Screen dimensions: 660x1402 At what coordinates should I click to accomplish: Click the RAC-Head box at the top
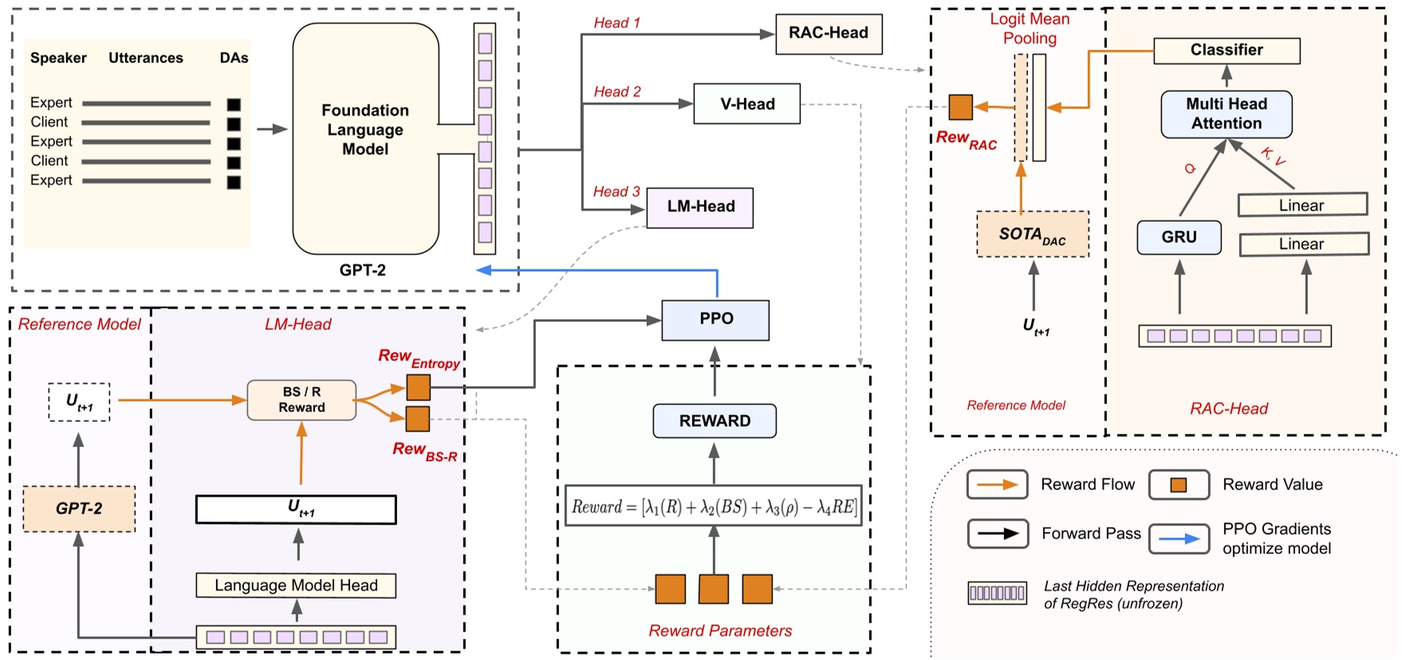click(829, 33)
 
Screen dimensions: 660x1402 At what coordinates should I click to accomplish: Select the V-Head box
click(746, 104)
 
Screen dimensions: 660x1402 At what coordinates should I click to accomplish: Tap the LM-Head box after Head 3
click(700, 207)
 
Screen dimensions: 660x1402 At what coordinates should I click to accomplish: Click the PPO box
click(715, 320)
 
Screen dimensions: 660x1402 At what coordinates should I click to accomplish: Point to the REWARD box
click(714, 421)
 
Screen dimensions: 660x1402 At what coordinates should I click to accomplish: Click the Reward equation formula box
click(714, 506)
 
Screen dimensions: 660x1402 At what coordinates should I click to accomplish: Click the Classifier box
click(1226, 50)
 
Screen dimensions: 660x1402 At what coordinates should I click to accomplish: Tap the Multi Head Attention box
click(1226, 114)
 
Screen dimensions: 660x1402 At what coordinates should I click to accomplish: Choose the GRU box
click(1178, 238)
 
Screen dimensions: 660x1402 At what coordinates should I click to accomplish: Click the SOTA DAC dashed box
click(1032, 234)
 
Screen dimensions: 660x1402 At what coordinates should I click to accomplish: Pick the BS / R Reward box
click(301, 400)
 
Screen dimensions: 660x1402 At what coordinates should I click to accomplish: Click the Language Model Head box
click(296, 586)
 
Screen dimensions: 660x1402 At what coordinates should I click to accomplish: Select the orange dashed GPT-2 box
click(78, 509)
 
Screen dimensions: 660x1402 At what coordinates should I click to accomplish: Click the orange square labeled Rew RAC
click(960, 107)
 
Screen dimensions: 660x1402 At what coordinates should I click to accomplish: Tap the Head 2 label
click(616, 92)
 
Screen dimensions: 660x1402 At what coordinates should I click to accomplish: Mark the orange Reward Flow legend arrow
click(997, 485)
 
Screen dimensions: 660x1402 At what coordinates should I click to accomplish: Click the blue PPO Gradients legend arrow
click(1179, 539)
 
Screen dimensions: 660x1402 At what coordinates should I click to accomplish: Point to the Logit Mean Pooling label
click(1030, 29)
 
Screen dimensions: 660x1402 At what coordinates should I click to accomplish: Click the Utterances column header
click(145, 58)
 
